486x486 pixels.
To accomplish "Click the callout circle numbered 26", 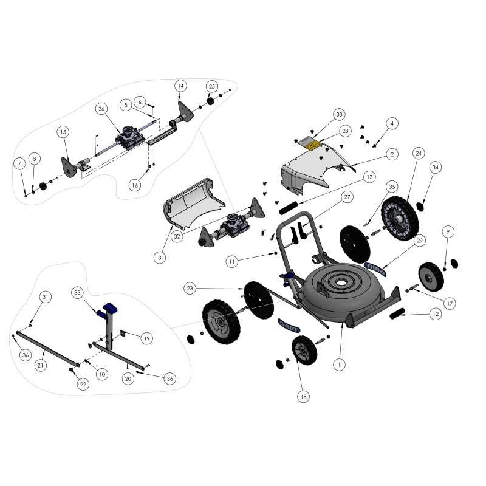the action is point(101,109).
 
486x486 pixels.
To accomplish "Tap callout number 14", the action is point(180,86).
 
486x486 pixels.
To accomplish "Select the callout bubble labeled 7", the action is point(20,163).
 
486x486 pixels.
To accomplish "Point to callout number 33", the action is point(77,293).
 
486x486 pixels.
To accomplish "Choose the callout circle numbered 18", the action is point(303,397).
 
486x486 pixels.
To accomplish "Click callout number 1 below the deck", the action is point(339,364).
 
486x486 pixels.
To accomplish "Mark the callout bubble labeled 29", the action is point(419,241).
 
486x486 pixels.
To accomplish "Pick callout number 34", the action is point(436,168).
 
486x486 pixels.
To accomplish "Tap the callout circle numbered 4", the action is point(392,124).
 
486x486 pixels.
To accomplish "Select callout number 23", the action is point(190,288).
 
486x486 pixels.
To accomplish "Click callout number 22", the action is point(83,385).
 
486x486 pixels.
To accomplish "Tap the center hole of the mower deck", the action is point(341,282).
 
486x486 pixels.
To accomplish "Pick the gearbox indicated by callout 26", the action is point(130,138).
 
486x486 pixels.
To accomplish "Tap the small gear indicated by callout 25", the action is point(211,101).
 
